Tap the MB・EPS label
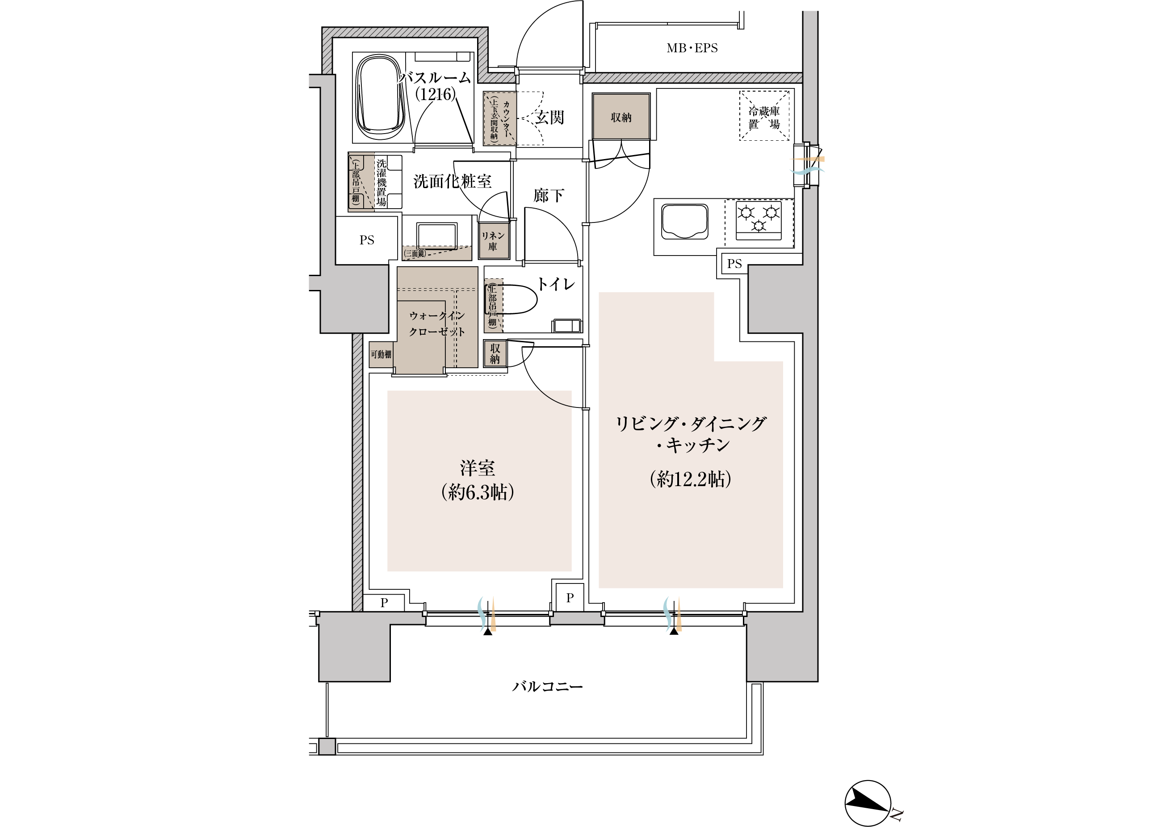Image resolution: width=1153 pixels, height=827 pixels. (x=692, y=48)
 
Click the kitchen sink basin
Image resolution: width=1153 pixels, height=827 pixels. (x=685, y=222)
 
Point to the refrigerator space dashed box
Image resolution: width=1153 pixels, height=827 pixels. (x=764, y=115)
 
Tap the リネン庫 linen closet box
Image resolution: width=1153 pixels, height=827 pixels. (x=494, y=241)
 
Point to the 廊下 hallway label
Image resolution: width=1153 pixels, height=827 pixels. (x=549, y=195)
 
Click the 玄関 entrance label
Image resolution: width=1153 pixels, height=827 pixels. (x=549, y=118)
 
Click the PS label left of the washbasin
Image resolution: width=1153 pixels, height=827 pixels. (x=367, y=240)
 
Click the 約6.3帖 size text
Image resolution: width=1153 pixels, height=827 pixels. (x=478, y=492)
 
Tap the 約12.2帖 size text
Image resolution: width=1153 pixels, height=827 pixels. (x=690, y=479)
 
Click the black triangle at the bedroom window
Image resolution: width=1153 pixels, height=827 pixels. (x=488, y=632)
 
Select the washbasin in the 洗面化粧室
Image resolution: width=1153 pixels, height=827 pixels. (x=437, y=236)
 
